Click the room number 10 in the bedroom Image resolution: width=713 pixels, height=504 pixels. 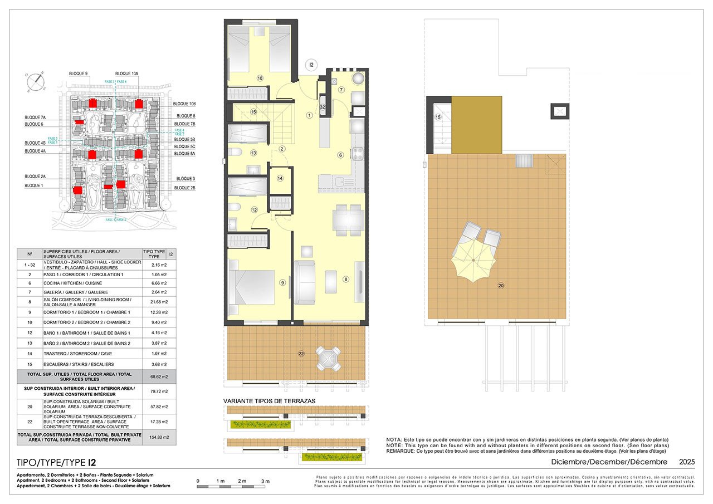[260, 79]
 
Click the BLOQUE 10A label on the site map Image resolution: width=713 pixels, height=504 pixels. [127, 74]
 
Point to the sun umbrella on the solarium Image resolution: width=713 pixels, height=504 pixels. [473, 259]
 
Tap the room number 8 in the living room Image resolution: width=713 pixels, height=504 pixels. [345, 279]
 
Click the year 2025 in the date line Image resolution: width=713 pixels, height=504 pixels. [686, 462]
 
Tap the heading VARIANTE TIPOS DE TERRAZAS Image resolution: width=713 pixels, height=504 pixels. [270, 401]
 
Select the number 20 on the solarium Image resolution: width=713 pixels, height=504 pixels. [501, 286]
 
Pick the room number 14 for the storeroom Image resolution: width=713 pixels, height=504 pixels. [280, 178]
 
